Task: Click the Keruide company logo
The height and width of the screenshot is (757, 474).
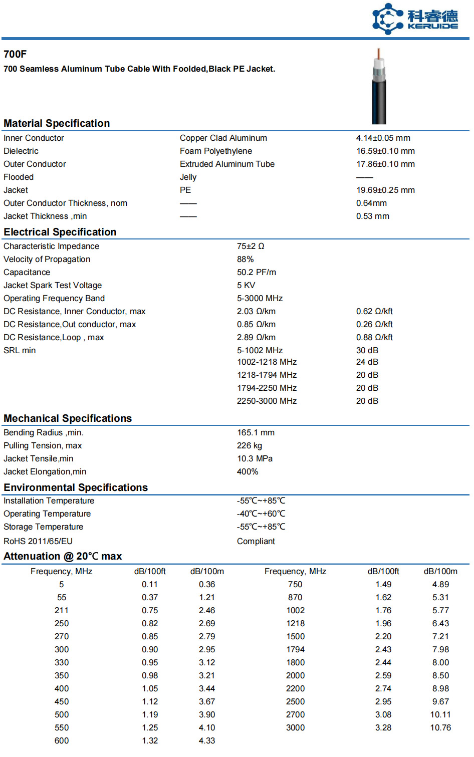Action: [x=414, y=19]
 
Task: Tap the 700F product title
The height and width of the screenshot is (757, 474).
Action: [x=15, y=54]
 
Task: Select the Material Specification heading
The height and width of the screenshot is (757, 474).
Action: [x=57, y=123]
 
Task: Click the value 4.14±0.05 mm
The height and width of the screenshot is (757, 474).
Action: [x=383, y=138]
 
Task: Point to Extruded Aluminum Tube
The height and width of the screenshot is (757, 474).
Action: [x=227, y=164]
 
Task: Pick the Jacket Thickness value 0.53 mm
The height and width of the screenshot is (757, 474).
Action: [x=372, y=216]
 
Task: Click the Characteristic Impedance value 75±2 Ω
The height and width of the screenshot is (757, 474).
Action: [x=251, y=246]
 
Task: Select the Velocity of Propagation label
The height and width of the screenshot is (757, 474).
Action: [x=47, y=260]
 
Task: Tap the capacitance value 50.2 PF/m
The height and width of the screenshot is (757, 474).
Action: [x=256, y=273]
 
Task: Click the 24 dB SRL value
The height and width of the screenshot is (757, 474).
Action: [x=367, y=362]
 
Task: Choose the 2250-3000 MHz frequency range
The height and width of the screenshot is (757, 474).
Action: [x=267, y=401]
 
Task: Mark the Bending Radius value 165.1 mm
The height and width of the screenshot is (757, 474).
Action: [x=256, y=433]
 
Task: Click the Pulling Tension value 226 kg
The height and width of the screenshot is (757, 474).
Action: [x=249, y=446]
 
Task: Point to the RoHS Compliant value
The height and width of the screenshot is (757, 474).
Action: [x=256, y=542]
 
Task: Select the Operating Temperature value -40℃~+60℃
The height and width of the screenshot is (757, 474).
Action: [x=261, y=514]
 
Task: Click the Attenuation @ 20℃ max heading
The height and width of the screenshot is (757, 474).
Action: [x=63, y=557]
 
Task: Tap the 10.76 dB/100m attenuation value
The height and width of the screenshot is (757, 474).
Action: [x=440, y=728]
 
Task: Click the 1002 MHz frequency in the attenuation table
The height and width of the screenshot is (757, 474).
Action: [x=295, y=611]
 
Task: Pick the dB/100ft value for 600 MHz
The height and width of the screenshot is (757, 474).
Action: [x=150, y=741]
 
